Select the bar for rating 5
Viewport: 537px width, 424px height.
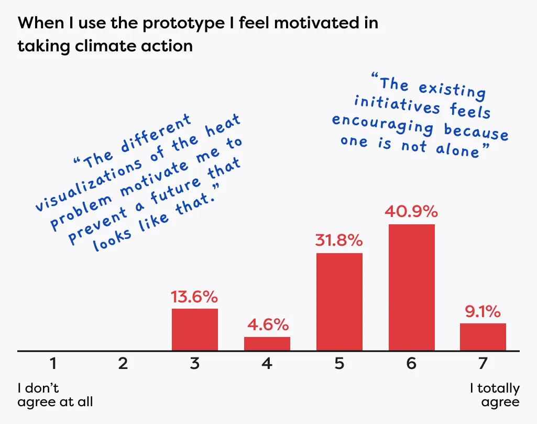pyautogui.click(x=339, y=302)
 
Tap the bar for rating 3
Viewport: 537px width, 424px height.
pyautogui.click(x=195, y=330)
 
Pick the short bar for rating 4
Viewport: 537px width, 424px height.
pyautogui.click(x=267, y=344)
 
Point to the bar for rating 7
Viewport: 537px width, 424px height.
pyautogui.click(x=483, y=337)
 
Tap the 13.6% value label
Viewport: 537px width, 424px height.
pyautogui.click(x=194, y=297)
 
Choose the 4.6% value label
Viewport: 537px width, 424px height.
pyautogui.click(x=267, y=324)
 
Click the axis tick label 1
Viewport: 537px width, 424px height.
pyautogui.click(x=53, y=364)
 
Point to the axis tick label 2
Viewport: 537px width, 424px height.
pyautogui.click(x=123, y=364)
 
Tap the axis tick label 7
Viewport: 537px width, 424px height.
pyautogui.click(x=483, y=364)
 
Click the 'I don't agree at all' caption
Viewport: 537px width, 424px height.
pyautogui.click(x=55, y=395)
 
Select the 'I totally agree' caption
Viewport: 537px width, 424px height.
pyautogui.click(x=495, y=395)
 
